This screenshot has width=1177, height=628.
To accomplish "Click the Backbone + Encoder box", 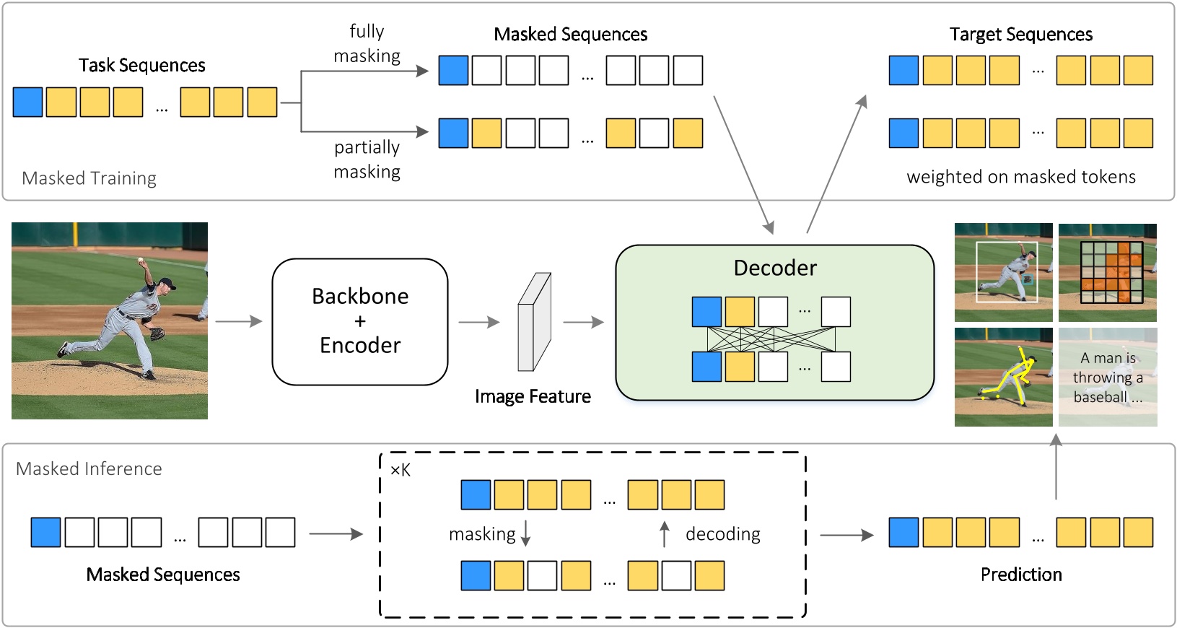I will (x=359, y=321).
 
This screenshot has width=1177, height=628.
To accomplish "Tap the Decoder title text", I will (x=775, y=268).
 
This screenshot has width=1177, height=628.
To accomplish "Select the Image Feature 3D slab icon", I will (x=534, y=322).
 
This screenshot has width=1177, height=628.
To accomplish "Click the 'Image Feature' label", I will (x=533, y=396).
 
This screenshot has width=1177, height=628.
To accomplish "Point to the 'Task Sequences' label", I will (x=142, y=66).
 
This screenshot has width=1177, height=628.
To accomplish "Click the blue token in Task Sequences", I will (x=27, y=102).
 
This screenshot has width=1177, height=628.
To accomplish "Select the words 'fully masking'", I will (x=367, y=43).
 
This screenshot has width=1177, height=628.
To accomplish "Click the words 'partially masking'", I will (x=367, y=160).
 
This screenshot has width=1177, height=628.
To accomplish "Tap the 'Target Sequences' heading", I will (x=1020, y=35).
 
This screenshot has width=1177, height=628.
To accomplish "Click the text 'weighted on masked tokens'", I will (x=1020, y=177).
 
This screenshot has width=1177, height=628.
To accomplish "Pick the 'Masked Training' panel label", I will (x=89, y=178).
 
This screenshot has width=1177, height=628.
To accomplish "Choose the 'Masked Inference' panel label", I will (x=89, y=469).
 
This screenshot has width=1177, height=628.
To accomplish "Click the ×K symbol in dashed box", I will (x=400, y=471).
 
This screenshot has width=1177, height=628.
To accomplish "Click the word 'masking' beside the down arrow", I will (x=482, y=534).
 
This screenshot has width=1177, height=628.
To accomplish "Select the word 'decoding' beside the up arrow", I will (x=722, y=534).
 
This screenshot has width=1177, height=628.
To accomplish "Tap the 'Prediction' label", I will (x=1020, y=575).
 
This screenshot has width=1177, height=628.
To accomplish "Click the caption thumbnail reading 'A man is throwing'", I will (x=1108, y=377).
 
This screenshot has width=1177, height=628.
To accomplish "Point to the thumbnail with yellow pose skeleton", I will (x=1003, y=377).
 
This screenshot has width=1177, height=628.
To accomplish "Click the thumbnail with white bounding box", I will (x=1003, y=272).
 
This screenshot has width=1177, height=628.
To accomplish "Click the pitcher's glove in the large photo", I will (x=157, y=334).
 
